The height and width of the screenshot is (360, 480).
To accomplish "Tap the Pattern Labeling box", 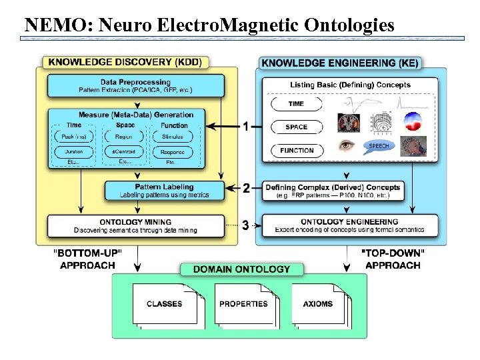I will [163, 191].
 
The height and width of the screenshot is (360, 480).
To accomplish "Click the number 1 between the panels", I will [245, 126].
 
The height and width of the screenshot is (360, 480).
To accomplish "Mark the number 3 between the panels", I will [245, 225].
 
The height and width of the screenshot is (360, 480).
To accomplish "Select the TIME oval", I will [296, 104].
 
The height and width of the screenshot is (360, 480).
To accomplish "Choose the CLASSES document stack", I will [164, 304].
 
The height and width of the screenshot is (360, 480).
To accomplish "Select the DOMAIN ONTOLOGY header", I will [241, 269].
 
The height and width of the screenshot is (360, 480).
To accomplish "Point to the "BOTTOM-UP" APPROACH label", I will [87, 259].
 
